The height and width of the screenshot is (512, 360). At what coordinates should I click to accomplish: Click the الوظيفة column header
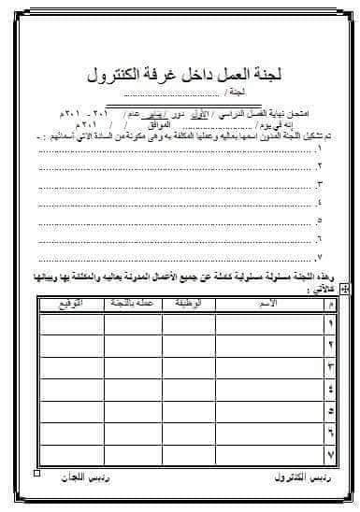[183, 305]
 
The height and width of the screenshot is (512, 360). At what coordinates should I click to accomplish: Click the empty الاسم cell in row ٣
[266, 368]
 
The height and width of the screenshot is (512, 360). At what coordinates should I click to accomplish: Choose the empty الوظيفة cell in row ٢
[183, 347]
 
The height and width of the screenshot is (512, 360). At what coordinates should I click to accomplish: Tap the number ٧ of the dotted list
[321, 255]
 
